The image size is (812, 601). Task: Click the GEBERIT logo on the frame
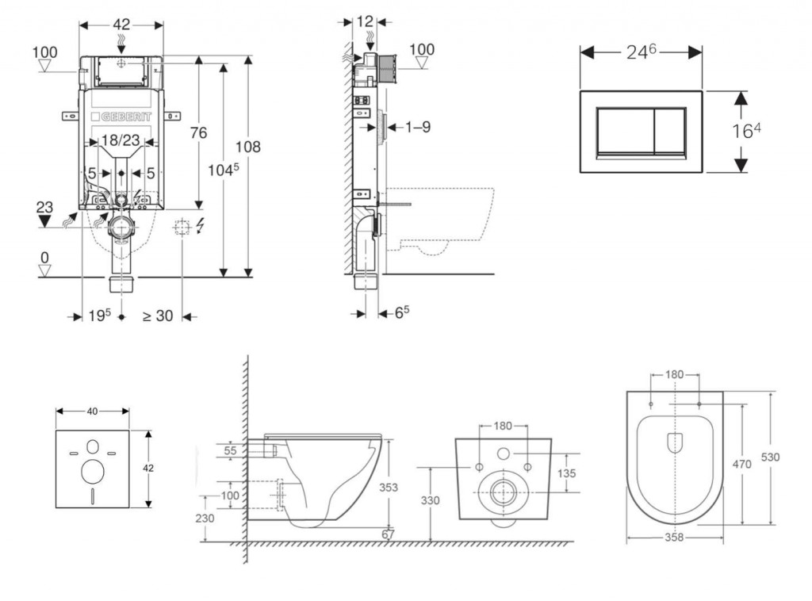122,117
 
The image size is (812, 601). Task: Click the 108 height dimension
247,147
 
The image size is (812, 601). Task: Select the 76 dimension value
197,132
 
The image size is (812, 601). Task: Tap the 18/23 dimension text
121,140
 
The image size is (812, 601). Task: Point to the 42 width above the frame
121,24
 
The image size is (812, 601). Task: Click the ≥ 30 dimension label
157,316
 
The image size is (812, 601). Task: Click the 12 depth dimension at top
365,21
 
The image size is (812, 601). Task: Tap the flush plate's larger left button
624,130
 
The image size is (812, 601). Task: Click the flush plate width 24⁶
641,52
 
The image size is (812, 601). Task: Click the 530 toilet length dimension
770,457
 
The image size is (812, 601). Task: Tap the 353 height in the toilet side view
388,488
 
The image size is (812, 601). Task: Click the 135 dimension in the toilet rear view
566,473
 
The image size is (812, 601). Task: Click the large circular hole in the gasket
93,471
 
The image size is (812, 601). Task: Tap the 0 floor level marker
45,258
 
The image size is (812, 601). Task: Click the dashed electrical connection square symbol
182,229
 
